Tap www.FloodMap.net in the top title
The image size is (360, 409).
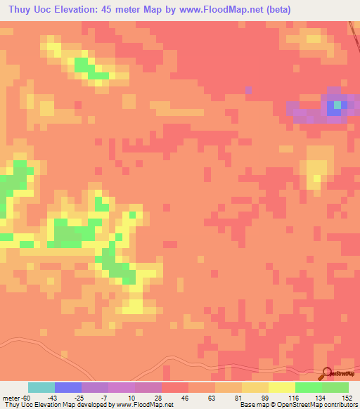(x=217, y=9)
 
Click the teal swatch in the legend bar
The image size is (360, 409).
(x=41, y=388)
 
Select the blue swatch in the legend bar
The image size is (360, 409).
(x=68, y=388)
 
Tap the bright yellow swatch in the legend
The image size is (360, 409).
(x=282, y=388)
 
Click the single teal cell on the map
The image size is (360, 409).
(x=337, y=105)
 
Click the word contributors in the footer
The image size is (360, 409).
(x=338, y=404)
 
